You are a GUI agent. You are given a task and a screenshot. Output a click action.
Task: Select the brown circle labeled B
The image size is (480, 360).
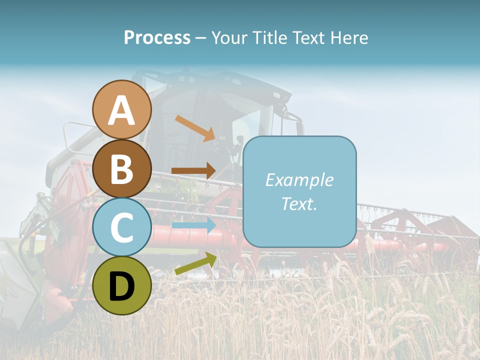click(x=122, y=168)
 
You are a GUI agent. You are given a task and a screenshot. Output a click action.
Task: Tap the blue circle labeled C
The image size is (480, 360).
click(x=122, y=227)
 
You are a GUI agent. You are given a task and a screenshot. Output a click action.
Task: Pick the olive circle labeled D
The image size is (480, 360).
click(x=122, y=285)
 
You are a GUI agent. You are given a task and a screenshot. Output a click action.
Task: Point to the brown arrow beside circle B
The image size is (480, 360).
click(x=193, y=170)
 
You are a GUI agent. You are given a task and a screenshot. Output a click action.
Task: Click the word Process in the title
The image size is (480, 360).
click(x=157, y=37)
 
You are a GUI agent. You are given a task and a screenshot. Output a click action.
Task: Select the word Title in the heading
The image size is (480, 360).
click(x=270, y=37)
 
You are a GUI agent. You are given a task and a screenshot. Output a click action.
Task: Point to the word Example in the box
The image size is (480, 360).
click(x=299, y=180)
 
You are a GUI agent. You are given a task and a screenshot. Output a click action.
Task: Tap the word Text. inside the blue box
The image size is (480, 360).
click(x=299, y=203)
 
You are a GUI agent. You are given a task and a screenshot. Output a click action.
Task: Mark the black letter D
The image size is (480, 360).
click(x=122, y=286)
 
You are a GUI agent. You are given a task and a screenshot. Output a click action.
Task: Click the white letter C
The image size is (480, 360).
click(x=122, y=227)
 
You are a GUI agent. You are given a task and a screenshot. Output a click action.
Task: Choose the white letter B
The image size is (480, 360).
click(x=122, y=169)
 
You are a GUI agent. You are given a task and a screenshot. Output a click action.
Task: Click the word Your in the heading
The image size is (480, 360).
click(x=229, y=37)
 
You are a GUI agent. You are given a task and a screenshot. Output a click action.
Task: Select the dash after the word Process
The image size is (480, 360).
click(x=201, y=38)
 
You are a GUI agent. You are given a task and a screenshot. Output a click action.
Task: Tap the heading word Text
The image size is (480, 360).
click(x=308, y=37)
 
